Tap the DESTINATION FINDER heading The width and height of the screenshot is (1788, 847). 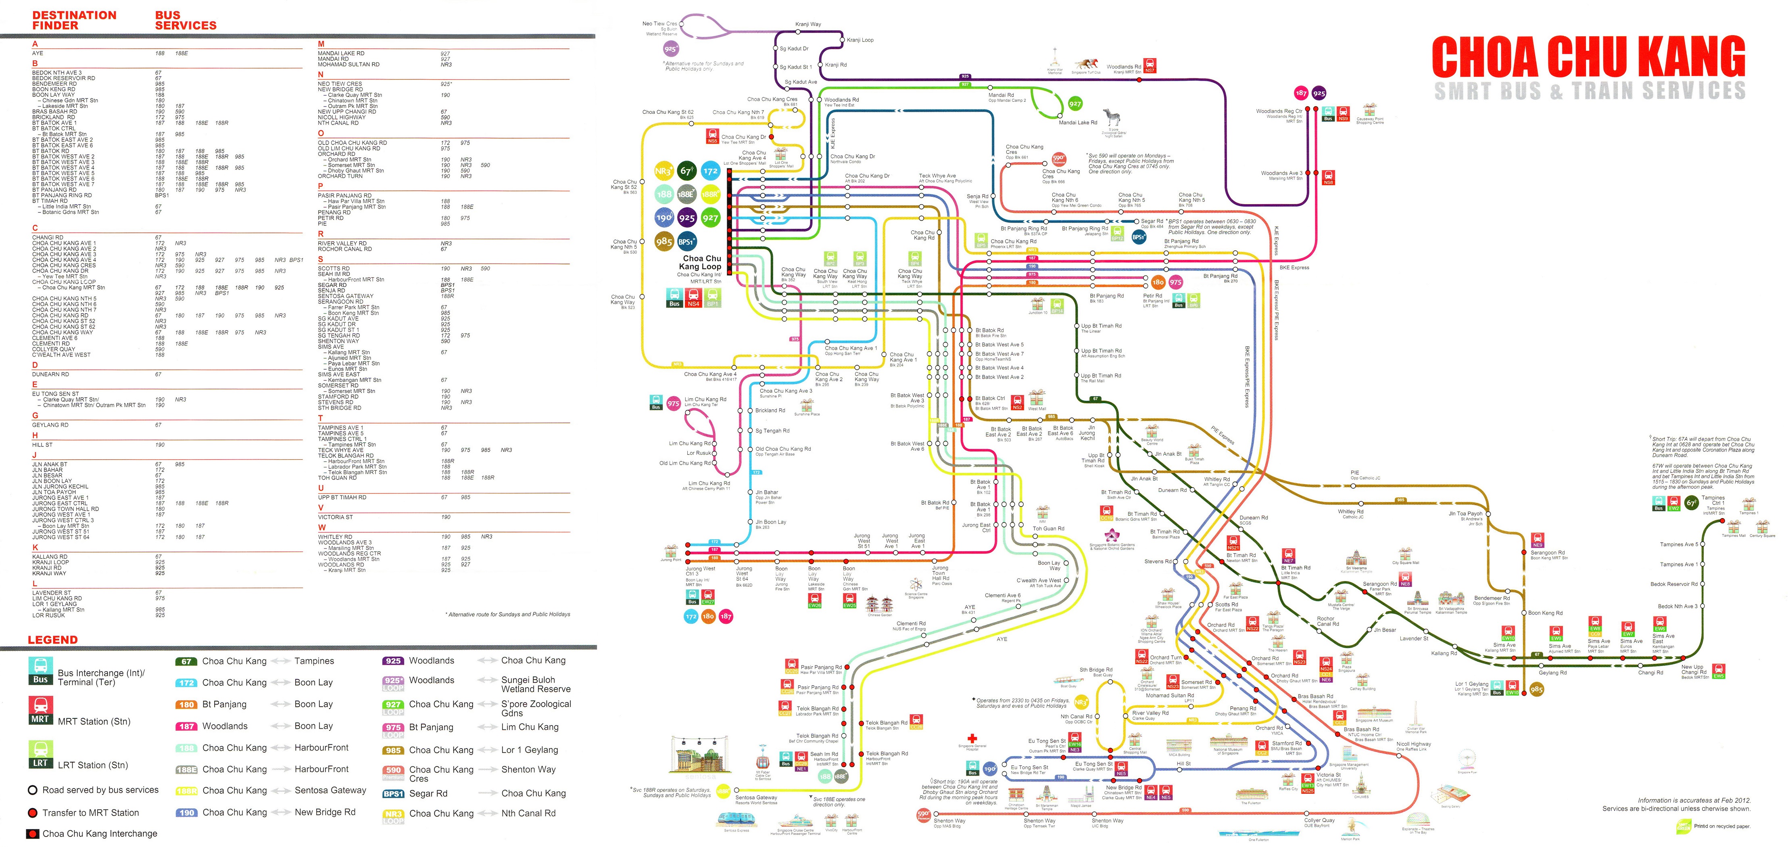[74, 20]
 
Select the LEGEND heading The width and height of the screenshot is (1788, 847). [53, 640]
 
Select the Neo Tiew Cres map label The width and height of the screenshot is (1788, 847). [659, 23]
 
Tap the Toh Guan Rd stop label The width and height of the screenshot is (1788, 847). [1048, 528]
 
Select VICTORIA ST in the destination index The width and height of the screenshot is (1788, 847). [335, 517]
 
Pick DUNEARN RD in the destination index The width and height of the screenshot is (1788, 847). [51, 374]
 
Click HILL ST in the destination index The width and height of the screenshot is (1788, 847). [42, 444]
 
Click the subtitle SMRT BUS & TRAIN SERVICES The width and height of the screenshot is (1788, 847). [1590, 91]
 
